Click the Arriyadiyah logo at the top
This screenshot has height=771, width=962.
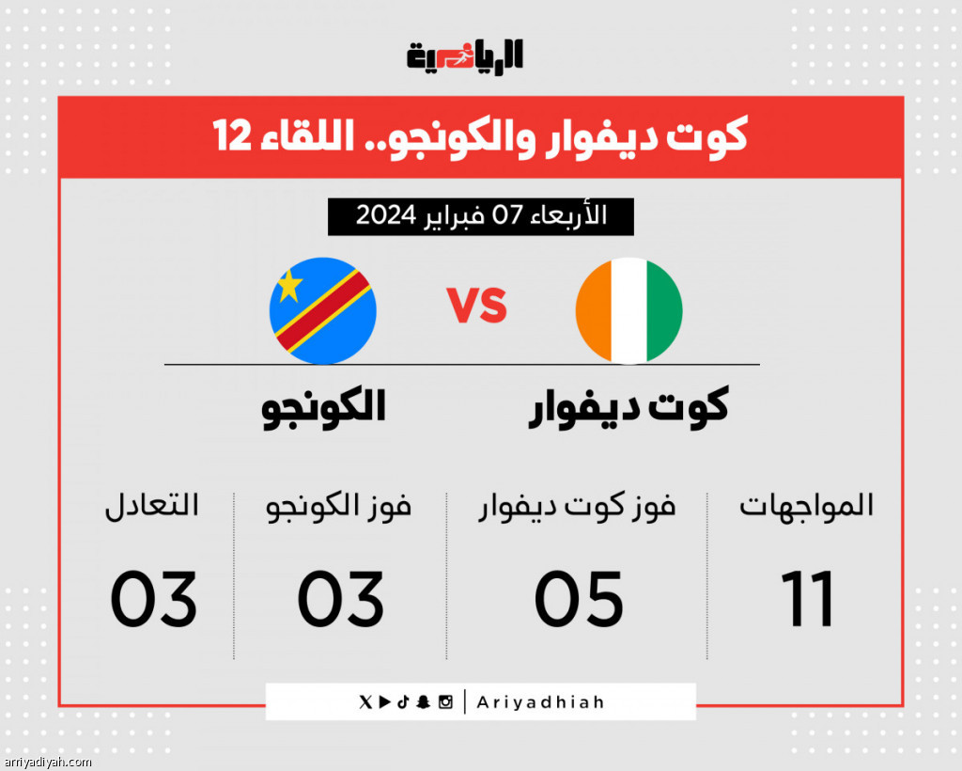tap(464, 56)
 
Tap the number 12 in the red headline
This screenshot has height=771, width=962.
tap(233, 135)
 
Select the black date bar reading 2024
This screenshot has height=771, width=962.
tap(480, 216)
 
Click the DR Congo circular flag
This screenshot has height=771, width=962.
tap(323, 310)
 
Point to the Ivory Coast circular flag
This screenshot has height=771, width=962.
tap(628, 310)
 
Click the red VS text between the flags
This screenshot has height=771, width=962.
tap(476, 305)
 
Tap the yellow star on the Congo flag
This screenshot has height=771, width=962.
tap(289, 286)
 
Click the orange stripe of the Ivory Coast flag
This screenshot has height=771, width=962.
tap(594, 310)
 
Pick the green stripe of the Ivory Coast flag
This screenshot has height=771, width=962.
tap(665, 310)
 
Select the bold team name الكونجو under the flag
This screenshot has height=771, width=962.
tap(323, 408)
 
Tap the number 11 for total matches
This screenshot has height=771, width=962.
tap(807, 599)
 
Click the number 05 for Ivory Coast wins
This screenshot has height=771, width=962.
tap(579, 599)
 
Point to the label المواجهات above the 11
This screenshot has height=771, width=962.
tap(806, 506)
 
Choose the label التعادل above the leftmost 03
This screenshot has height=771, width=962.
tap(151, 506)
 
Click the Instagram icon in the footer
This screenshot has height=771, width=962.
tap(445, 701)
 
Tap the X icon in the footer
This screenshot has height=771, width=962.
tap(365, 701)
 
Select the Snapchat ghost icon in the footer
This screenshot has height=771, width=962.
tap(423, 701)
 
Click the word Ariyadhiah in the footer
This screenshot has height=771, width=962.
tap(540, 701)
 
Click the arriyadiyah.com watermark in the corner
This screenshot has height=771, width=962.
tap(47, 763)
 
